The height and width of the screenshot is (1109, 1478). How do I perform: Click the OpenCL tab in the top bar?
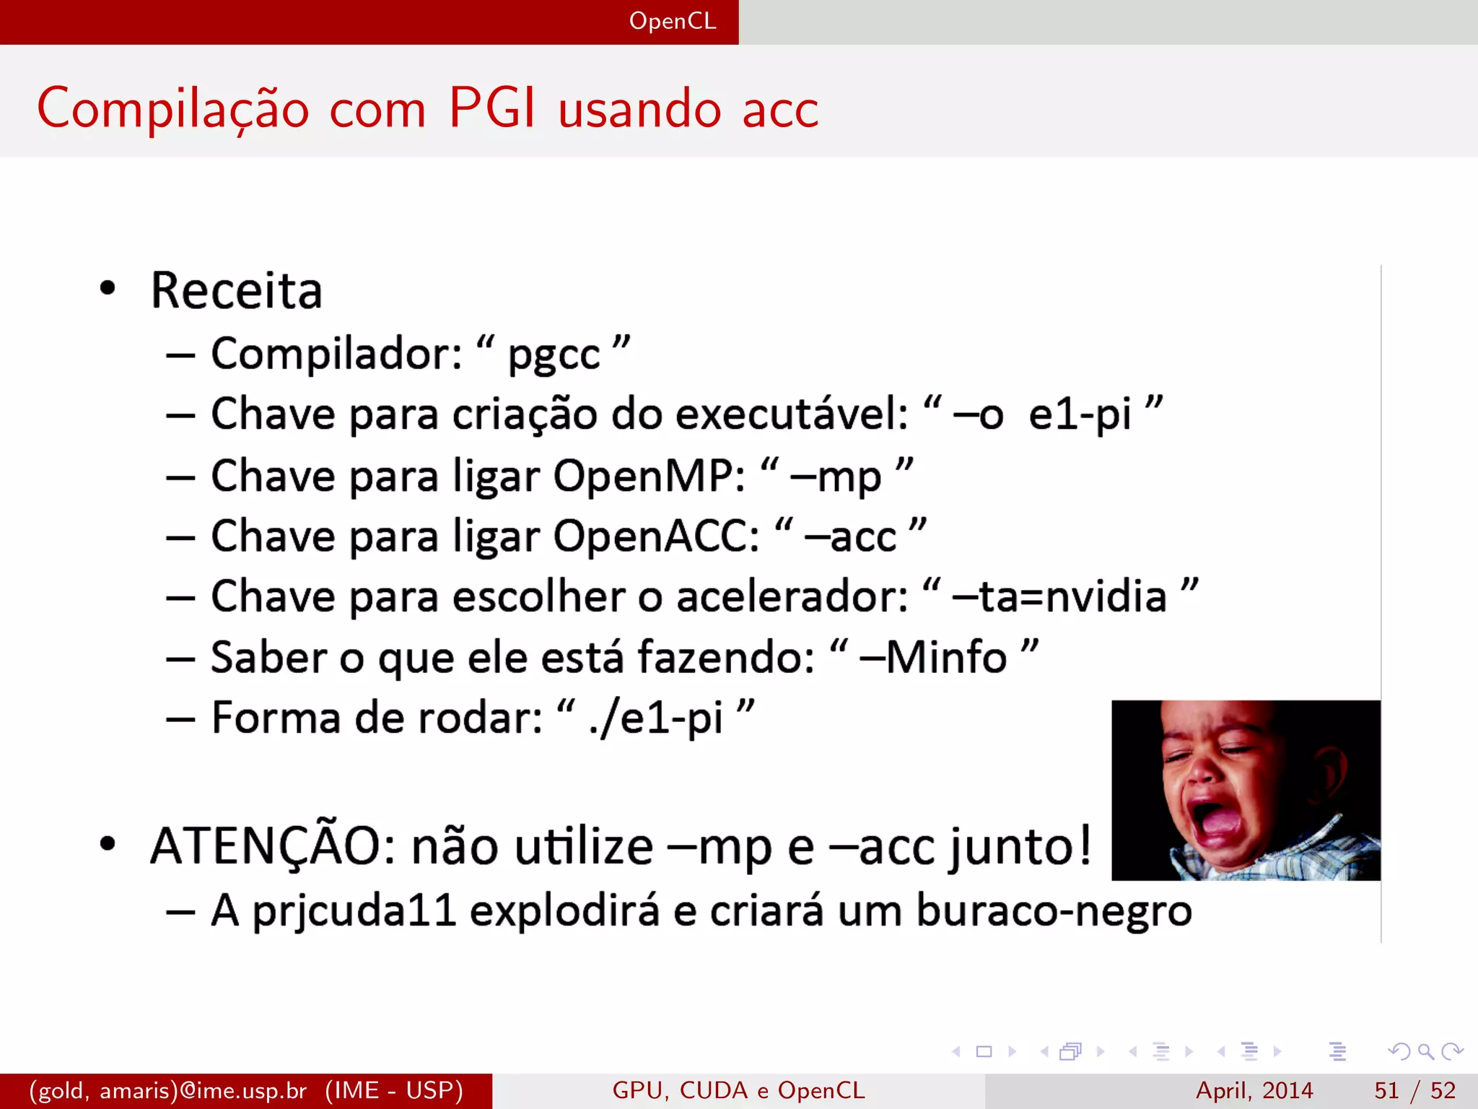[x=673, y=21]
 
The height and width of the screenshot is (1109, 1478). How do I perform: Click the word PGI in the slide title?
[x=493, y=108]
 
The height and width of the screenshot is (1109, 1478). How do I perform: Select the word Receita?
[x=236, y=291]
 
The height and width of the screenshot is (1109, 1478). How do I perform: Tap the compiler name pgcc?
[x=554, y=355]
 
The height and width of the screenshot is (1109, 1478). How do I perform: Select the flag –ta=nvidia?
[x=1059, y=597]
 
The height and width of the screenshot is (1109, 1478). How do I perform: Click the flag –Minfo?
[x=934, y=658]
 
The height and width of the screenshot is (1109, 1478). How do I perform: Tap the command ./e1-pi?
[x=655, y=719]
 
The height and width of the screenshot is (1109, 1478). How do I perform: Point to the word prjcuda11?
[x=354, y=911]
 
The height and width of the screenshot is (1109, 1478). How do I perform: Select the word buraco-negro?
[x=1054, y=911]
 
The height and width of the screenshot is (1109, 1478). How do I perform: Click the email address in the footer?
[x=168, y=1090]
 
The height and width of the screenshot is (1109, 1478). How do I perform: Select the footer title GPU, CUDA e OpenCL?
[x=738, y=1090]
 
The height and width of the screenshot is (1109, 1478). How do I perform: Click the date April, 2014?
[x=1254, y=1090]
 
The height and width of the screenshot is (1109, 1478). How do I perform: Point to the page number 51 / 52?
[x=1414, y=1090]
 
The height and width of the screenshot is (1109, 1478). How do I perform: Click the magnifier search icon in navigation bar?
[x=1425, y=1051]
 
